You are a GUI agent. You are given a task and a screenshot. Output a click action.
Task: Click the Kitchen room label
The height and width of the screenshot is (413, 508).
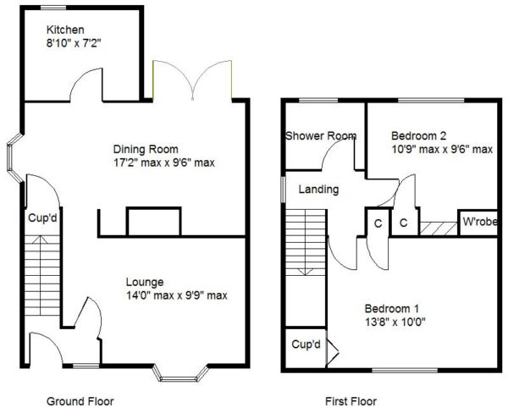coord(65,30)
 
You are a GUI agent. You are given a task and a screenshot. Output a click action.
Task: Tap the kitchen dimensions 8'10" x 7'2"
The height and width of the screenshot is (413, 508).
coord(74,43)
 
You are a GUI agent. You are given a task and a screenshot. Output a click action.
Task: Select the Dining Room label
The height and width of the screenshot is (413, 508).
coord(146,149)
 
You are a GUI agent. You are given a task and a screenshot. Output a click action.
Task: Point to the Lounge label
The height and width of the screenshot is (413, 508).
coord(145,282)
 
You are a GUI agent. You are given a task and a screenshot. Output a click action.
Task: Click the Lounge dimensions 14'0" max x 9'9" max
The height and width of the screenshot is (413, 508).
coord(177,295)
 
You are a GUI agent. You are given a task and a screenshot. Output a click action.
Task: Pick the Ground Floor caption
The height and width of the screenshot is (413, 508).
coord(80,402)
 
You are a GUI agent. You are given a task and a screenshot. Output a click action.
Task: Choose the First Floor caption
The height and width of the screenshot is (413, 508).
coord(351,402)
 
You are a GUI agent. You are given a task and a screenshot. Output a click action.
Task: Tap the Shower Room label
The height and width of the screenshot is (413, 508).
coord(321,135)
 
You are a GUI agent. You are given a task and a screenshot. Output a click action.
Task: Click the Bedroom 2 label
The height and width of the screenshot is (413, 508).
coord(418,135)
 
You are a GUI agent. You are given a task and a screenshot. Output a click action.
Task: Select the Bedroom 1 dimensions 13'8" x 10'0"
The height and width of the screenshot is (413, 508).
coord(395,322)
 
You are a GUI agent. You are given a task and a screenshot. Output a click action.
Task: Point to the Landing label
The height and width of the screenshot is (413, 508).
coord(318,190)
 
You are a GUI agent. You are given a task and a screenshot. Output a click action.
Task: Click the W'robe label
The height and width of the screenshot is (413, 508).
coord(480,222)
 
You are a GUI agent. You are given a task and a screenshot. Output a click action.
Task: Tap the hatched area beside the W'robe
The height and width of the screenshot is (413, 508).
coord(439,229)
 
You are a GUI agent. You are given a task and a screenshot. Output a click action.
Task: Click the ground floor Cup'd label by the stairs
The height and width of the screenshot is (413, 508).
coord(42,218)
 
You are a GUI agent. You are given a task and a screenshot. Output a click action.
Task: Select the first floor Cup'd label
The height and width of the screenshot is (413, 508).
coord(306,344)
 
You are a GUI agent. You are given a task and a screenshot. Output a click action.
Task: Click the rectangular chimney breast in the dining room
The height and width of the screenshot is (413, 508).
coord(154,222)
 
